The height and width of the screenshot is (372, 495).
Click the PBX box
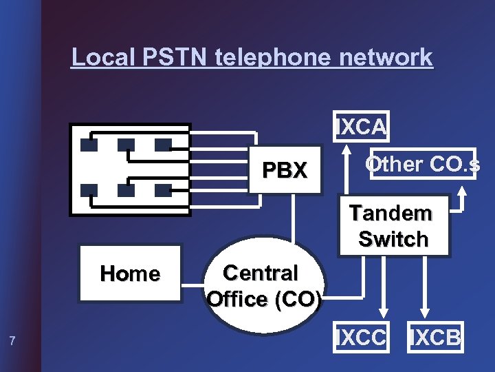pyautogui.click(x=285, y=170)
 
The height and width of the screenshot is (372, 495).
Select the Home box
pyautogui.click(x=130, y=273)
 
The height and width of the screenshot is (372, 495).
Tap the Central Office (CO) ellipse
pyautogui.click(x=263, y=286)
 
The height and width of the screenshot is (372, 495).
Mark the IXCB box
pyautogui.click(x=436, y=338)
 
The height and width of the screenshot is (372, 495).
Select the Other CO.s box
pyautogui.click(x=422, y=165)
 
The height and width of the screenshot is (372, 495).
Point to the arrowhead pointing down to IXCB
pyautogui.click(x=425, y=311)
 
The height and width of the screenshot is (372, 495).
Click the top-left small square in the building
pyautogui.click(x=89, y=145)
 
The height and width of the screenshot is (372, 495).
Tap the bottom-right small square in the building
pyautogui.click(x=163, y=190)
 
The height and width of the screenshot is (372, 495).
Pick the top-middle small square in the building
pyautogui.click(x=126, y=145)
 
